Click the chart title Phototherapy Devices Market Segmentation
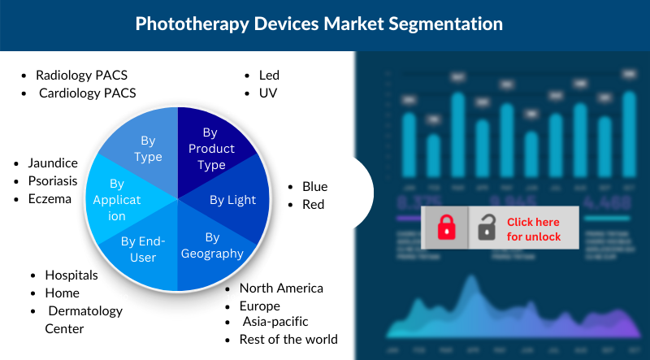coord(319,24)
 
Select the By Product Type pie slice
coord(210,148)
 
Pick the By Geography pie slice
coord(212,245)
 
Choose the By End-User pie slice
coord(143,248)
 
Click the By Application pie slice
coord(116,200)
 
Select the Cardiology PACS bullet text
coord(87,93)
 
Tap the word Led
coord(269,75)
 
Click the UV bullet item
coord(268,93)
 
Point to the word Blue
coord(314,186)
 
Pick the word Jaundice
coord(53,163)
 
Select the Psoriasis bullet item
coord(54,180)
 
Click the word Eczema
coord(50,198)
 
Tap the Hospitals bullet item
coord(71,275)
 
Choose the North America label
coord(281,288)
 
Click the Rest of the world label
coord(288,339)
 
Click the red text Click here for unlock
coord(534,229)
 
